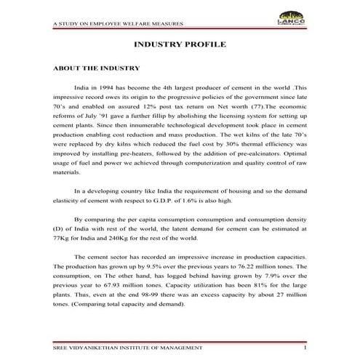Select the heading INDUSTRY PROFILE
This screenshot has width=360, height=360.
180,45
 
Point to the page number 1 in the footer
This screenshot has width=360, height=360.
306,349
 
